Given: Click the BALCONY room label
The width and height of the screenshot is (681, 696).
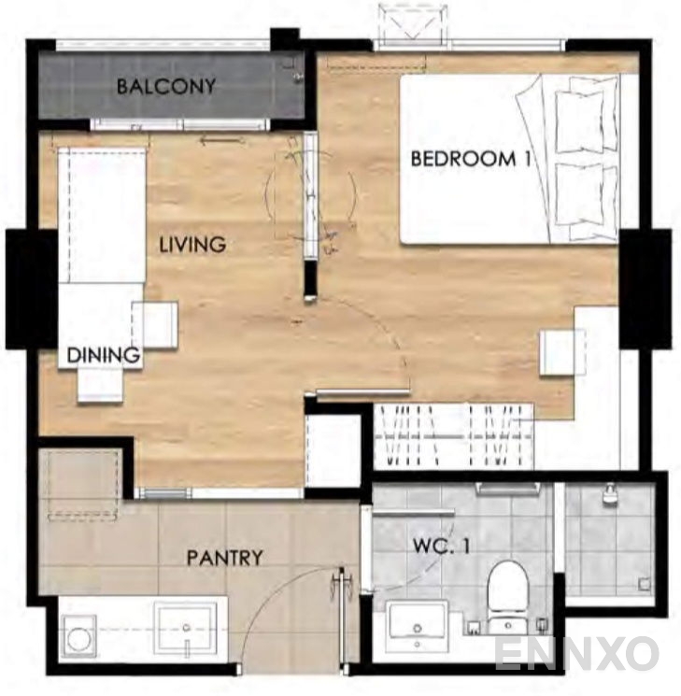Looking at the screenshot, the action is click(166, 86).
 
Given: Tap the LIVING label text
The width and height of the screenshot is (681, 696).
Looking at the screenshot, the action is click(192, 245).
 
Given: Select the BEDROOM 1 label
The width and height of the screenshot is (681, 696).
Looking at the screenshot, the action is click(471, 159).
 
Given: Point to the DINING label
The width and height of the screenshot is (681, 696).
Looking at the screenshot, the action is click(103, 355).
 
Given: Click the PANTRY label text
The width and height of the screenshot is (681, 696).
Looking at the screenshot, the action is click(224, 558).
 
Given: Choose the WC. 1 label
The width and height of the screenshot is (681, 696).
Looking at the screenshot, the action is click(441, 546).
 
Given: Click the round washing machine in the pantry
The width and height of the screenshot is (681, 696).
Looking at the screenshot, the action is click(79, 636).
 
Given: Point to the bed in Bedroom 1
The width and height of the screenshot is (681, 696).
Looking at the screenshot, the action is click(509, 160).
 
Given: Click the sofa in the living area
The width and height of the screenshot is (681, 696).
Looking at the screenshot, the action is click(102, 215).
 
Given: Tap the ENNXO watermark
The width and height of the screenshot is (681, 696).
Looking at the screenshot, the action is click(576, 654).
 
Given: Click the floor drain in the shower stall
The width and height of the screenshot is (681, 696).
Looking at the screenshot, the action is click(645, 584).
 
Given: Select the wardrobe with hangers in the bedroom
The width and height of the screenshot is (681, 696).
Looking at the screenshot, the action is click(454, 436).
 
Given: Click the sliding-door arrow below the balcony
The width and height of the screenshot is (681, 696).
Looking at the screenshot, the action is click(222, 141).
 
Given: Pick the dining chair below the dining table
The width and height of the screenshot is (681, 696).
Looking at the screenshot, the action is click(100, 385).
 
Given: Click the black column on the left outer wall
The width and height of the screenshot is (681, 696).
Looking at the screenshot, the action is click(32, 289).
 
